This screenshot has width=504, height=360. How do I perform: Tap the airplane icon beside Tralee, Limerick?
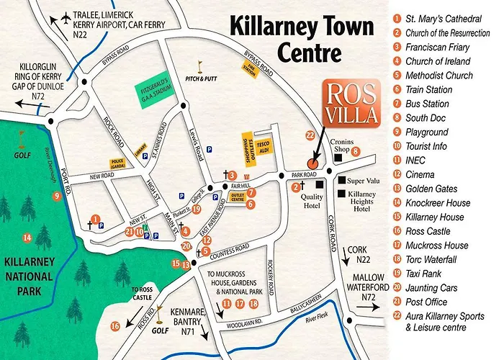click(x=67, y=16)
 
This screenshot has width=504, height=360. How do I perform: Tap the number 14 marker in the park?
click(x=27, y=238)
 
